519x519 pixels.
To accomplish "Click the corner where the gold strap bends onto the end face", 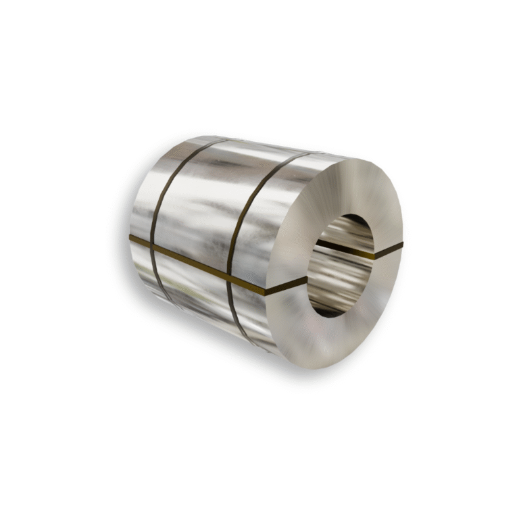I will [267, 293].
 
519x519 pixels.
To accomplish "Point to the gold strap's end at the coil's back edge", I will [131, 239].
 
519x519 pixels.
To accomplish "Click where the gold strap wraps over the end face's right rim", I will [401, 245].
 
